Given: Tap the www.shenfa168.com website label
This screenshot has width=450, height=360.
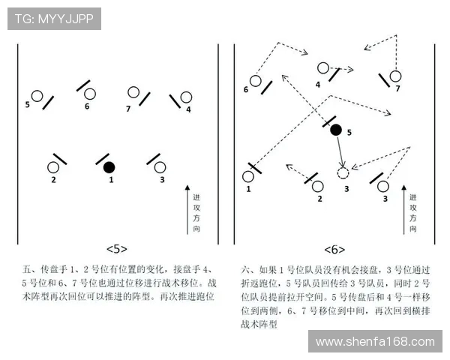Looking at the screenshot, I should tap(374, 342).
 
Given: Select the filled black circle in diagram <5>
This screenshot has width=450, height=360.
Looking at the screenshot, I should tap(109, 166).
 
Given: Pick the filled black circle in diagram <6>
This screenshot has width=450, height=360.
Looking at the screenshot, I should tap(336, 130).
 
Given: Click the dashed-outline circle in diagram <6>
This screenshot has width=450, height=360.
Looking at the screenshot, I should tap(343, 173).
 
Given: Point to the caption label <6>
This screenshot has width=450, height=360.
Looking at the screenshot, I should tap(334, 248).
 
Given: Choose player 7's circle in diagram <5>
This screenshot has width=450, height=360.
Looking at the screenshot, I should tap(133, 92).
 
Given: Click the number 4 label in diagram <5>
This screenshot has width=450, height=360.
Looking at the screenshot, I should tap(188, 109).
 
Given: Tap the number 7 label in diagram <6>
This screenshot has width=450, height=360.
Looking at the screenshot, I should tap(397, 88).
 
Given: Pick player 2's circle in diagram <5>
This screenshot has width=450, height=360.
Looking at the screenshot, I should tap(53, 167).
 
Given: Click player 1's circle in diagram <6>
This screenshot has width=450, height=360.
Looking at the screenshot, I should tap(248, 177).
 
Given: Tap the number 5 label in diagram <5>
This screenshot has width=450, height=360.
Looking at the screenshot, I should tap(28, 104).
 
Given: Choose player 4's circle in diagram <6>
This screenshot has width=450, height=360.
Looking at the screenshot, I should tap(322, 68).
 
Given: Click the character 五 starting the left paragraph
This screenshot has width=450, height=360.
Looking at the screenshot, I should tap(27, 268).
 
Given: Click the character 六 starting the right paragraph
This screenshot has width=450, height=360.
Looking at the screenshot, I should tap(245, 268).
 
